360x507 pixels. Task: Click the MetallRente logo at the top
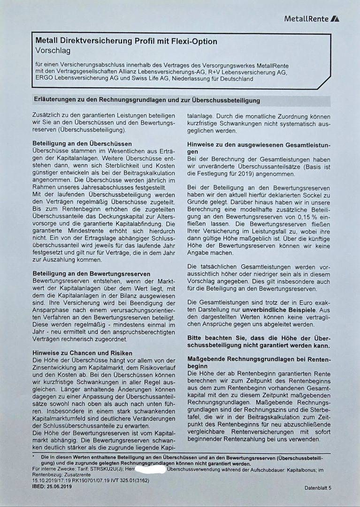(312, 19)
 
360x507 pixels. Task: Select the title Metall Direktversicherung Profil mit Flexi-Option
(126, 41)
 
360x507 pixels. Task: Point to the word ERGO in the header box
(46, 79)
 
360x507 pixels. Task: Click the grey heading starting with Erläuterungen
(146, 100)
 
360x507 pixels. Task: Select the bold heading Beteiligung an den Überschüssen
(82, 143)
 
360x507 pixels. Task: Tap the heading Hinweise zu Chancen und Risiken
(82, 353)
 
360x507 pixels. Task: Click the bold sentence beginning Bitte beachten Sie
(259, 341)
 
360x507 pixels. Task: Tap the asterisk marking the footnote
(33, 456)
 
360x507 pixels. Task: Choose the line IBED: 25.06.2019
(52, 487)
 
